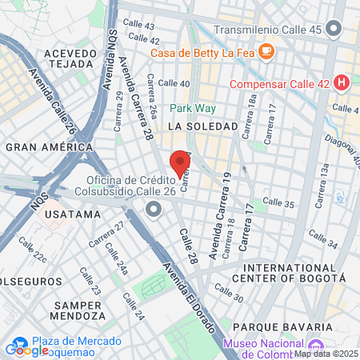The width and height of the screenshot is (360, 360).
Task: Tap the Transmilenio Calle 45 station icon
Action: point(334,30)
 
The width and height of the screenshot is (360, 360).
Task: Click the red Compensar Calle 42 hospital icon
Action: point(342,82)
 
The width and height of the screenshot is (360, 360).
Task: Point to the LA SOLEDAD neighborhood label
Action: point(203,126)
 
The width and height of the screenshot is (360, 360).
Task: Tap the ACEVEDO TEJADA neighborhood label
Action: point(70,58)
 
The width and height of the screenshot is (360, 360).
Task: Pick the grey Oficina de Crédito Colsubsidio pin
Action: point(154,210)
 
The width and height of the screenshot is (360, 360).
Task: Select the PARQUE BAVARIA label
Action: point(282,327)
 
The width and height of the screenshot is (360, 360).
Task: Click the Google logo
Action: point(26,350)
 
